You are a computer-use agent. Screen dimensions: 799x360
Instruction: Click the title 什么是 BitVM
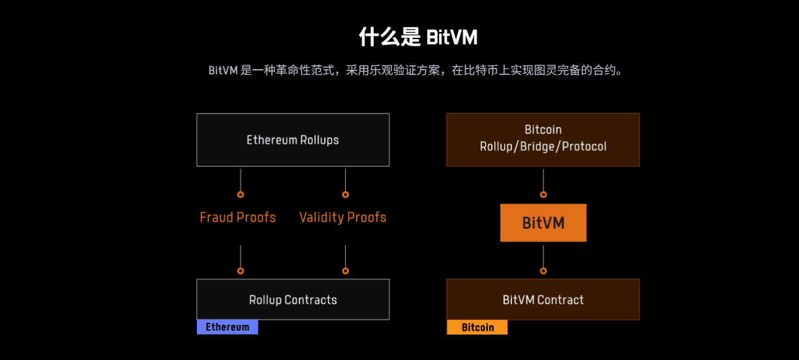pos(418,37)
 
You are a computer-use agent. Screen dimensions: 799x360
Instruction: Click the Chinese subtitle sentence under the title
pos(415,70)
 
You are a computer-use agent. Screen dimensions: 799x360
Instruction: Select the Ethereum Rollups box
pos(293,140)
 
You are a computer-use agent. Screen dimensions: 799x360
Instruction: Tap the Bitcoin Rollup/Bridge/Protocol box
pos(543,140)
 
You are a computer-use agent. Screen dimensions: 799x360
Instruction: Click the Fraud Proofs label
pos(237,217)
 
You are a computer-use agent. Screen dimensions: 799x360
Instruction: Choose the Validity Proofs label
pos(343,217)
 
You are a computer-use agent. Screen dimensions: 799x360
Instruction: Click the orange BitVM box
pos(543,222)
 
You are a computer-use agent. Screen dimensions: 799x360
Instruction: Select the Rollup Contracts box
pos(293,299)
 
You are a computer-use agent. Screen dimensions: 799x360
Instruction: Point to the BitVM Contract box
pos(543,299)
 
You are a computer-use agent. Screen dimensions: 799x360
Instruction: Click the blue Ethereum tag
pos(228,327)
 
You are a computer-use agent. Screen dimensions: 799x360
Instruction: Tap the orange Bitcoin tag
pos(477,327)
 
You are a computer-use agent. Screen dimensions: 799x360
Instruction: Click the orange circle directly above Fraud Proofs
pos(241,194)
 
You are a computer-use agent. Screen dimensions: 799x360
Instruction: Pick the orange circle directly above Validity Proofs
pos(345,194)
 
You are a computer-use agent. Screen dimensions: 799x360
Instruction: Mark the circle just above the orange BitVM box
pos(543,194)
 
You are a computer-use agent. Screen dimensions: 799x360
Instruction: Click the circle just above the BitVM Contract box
pos(543,271)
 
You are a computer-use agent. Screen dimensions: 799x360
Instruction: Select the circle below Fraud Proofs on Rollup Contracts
pos(241,271)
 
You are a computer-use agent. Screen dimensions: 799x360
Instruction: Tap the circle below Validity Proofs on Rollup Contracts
pos(345,271)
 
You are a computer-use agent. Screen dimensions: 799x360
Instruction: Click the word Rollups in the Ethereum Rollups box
pos(319,140)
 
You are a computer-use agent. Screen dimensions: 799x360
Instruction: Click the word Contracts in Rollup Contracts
pos(310,300)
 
